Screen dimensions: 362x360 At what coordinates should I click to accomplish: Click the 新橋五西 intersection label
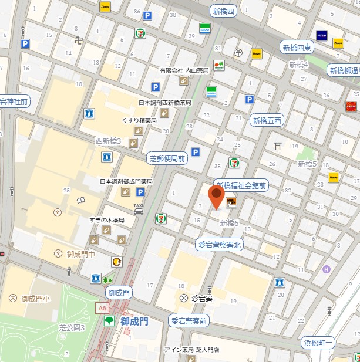(x=267, y=121)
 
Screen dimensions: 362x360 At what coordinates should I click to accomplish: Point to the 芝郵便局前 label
(x=166, y=158)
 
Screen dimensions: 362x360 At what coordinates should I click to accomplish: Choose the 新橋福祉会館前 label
(x=241, y=185)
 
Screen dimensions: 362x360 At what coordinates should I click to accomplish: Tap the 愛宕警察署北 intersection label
(x=220, y=243)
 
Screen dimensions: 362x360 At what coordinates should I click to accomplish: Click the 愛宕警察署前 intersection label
(x=189, y=321)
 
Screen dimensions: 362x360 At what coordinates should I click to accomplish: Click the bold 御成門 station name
(x=134, y=322)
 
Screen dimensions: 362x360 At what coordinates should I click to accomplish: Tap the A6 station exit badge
(x=103, y=307)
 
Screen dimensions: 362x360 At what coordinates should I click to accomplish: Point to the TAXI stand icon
(x=138, y=209)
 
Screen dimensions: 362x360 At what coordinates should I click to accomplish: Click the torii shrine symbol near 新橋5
(x=278, y=146)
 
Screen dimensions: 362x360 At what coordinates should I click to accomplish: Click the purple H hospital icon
(x=326, y=269)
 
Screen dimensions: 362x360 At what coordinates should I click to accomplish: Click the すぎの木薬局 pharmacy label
(x=107, y=220)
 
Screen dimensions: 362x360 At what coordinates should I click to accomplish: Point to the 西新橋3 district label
(x=108, y=141)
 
